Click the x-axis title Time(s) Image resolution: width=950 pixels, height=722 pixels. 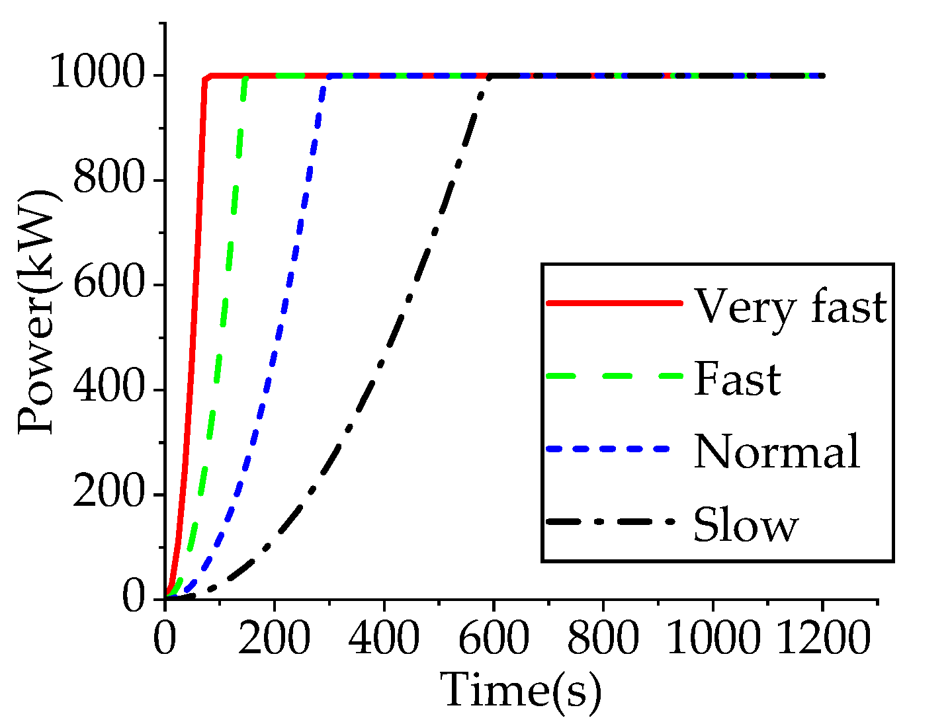[521, 690]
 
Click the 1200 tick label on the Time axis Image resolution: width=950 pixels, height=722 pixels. [822, 639]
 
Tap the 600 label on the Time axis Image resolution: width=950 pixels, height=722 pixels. [494, 639]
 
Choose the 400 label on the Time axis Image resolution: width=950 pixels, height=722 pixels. [384, 639]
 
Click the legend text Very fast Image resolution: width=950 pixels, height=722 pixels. [790, 307]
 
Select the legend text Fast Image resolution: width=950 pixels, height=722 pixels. [737, 380]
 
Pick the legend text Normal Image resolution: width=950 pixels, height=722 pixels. [777, 452]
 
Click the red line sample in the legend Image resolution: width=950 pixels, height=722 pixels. [614, 303]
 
